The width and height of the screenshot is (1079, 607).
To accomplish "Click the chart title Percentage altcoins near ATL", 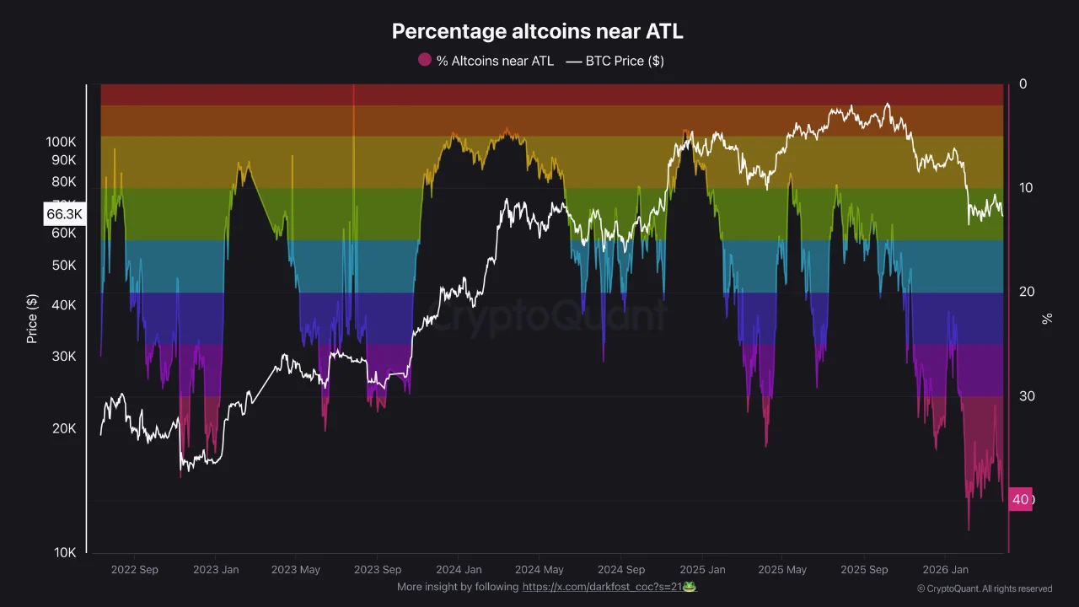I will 538,32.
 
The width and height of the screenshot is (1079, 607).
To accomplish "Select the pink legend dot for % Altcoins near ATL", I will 425,60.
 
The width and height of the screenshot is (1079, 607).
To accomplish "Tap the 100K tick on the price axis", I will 62,142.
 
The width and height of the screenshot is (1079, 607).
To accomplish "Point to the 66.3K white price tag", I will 64,214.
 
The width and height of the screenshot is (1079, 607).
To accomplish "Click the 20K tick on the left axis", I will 64,428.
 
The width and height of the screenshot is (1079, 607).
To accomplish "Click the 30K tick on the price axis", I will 64,356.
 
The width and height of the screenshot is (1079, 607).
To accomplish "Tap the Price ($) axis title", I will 32,319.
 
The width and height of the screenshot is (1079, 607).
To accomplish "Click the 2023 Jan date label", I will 216,570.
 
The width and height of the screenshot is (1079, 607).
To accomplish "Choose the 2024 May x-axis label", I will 539,570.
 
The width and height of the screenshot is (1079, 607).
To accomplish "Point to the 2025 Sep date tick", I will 864,570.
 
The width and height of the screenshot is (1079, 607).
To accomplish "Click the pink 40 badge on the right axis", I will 1021,499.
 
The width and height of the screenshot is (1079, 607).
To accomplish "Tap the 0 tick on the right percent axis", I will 1023,84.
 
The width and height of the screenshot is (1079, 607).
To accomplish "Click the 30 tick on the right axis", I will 1026,395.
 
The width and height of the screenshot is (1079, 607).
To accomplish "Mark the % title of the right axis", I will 1047,319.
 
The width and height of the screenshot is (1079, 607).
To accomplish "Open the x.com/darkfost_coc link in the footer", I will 602,587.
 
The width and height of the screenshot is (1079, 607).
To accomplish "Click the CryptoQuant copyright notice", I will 985,588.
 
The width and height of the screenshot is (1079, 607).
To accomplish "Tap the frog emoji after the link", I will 690,586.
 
